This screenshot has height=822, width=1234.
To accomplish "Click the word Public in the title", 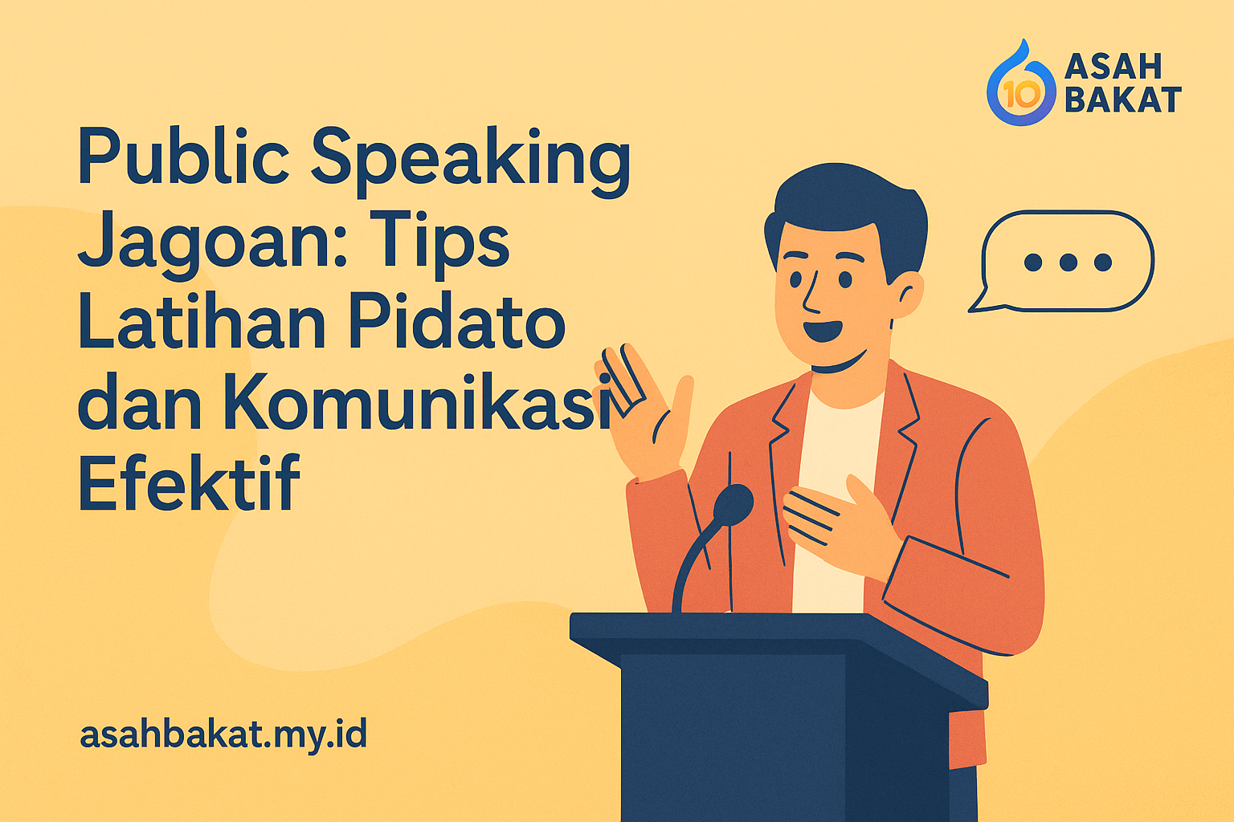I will pos(183,157).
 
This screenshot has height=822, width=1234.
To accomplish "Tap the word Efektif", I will pos(189,483).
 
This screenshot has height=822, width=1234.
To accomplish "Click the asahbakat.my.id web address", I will pos(223,734).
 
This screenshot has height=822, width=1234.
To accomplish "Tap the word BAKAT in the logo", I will pos(1123,100).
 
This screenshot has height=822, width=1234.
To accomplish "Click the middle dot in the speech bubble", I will pos(1068,262).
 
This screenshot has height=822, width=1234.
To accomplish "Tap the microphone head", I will pos(733,504).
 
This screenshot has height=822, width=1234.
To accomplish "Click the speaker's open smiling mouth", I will pos(823,330).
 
